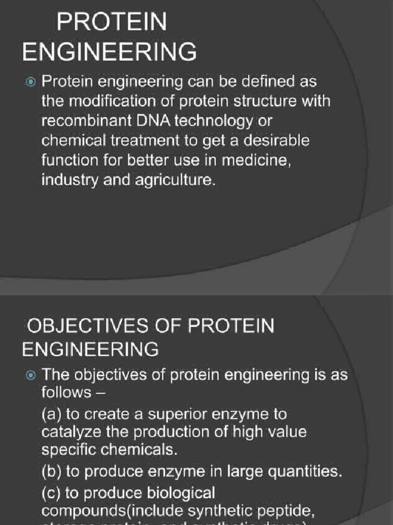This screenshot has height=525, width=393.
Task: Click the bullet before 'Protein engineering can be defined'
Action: pos(31,82)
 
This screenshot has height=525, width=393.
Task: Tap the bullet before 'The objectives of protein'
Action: pos(31,375)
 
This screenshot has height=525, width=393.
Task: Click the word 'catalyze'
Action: pos(71,433)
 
